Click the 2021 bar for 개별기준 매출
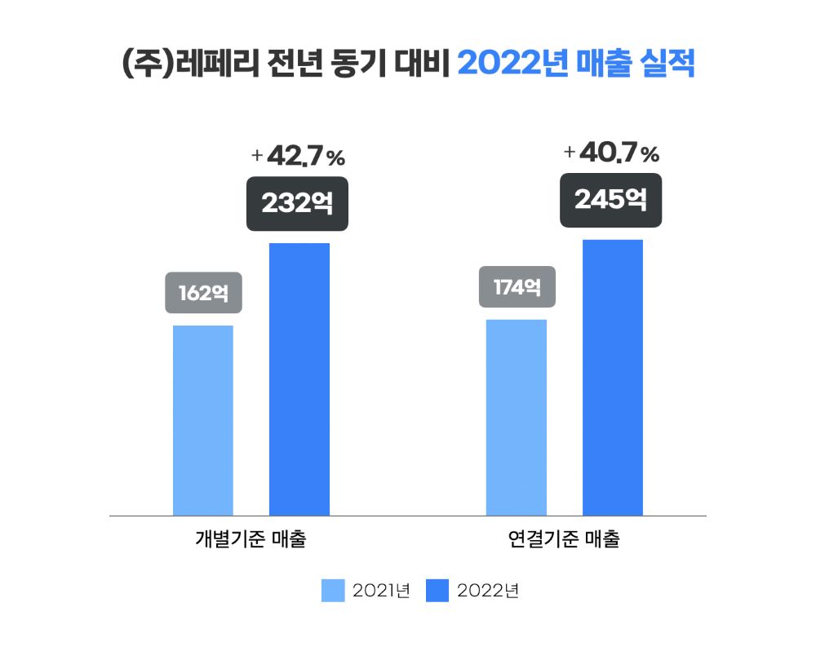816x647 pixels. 203,420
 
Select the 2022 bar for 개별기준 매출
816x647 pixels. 299,379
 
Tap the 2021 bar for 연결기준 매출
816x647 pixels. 517,417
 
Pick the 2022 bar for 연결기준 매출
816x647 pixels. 613,378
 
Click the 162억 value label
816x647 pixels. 203,292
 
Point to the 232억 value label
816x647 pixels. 298,203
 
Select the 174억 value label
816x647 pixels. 517,286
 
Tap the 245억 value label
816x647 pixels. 610,199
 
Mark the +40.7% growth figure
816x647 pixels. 611,153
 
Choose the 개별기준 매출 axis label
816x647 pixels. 251,540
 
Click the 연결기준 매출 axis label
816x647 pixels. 564,540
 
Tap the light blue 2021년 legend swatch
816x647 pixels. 334,590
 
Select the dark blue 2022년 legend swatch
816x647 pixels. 437,590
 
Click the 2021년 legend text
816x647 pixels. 380,590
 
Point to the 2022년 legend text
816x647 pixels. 488,590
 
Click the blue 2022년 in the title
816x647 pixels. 512,64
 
